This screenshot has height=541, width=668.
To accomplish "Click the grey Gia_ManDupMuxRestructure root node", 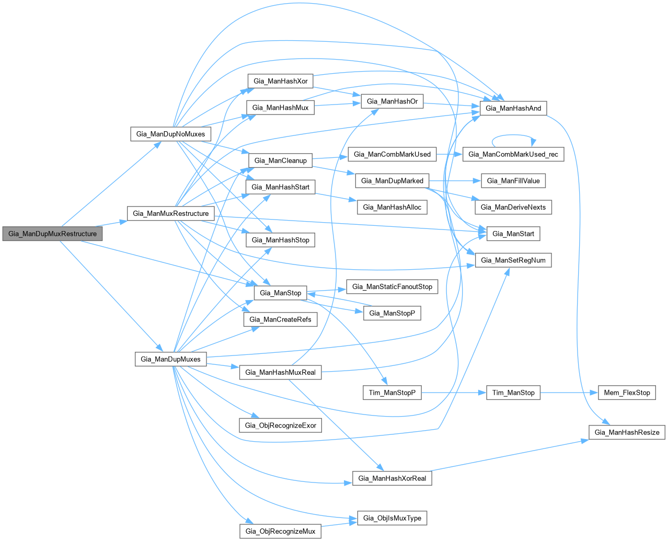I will point(52,234).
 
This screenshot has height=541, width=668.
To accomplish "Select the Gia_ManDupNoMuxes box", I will point(170,134).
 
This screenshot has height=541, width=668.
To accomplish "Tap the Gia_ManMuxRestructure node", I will point(170,213).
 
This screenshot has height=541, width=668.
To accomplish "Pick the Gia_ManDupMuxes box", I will point(170,359).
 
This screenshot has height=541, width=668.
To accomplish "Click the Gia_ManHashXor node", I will point(280,81).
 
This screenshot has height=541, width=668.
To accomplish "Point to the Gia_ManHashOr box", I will point(392,101).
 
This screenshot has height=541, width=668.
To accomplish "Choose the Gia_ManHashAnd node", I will point(513,108).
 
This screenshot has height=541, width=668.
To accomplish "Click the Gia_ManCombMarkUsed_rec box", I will point(513,154).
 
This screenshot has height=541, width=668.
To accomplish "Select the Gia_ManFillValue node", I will point(513,181).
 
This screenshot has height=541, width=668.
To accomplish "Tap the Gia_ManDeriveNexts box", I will point(513,207).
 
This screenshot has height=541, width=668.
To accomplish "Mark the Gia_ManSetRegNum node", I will point(513,260).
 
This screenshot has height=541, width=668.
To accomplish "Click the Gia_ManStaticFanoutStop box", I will point(392,286).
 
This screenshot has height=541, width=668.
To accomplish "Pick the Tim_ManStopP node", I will point(392,393).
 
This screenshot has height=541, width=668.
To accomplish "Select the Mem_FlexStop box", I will point(627,393).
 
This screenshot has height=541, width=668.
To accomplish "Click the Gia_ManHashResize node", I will point(627,432).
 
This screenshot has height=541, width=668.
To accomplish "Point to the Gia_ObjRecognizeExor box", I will point(280,425).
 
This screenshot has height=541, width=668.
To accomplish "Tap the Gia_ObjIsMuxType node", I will point(392,518).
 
